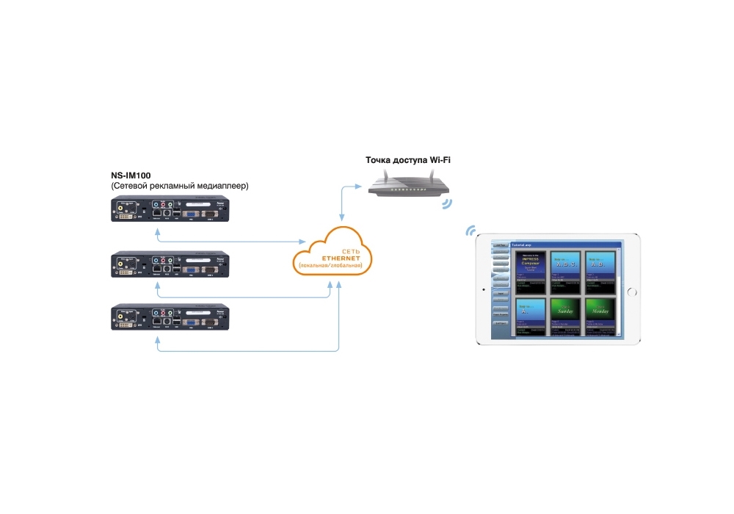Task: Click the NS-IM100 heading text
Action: pyautogui.click(x=131, y=175)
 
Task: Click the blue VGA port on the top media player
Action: pyautogui.click(x=187, y=213)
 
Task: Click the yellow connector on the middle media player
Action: pyautogui.click(x=118, y=263)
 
